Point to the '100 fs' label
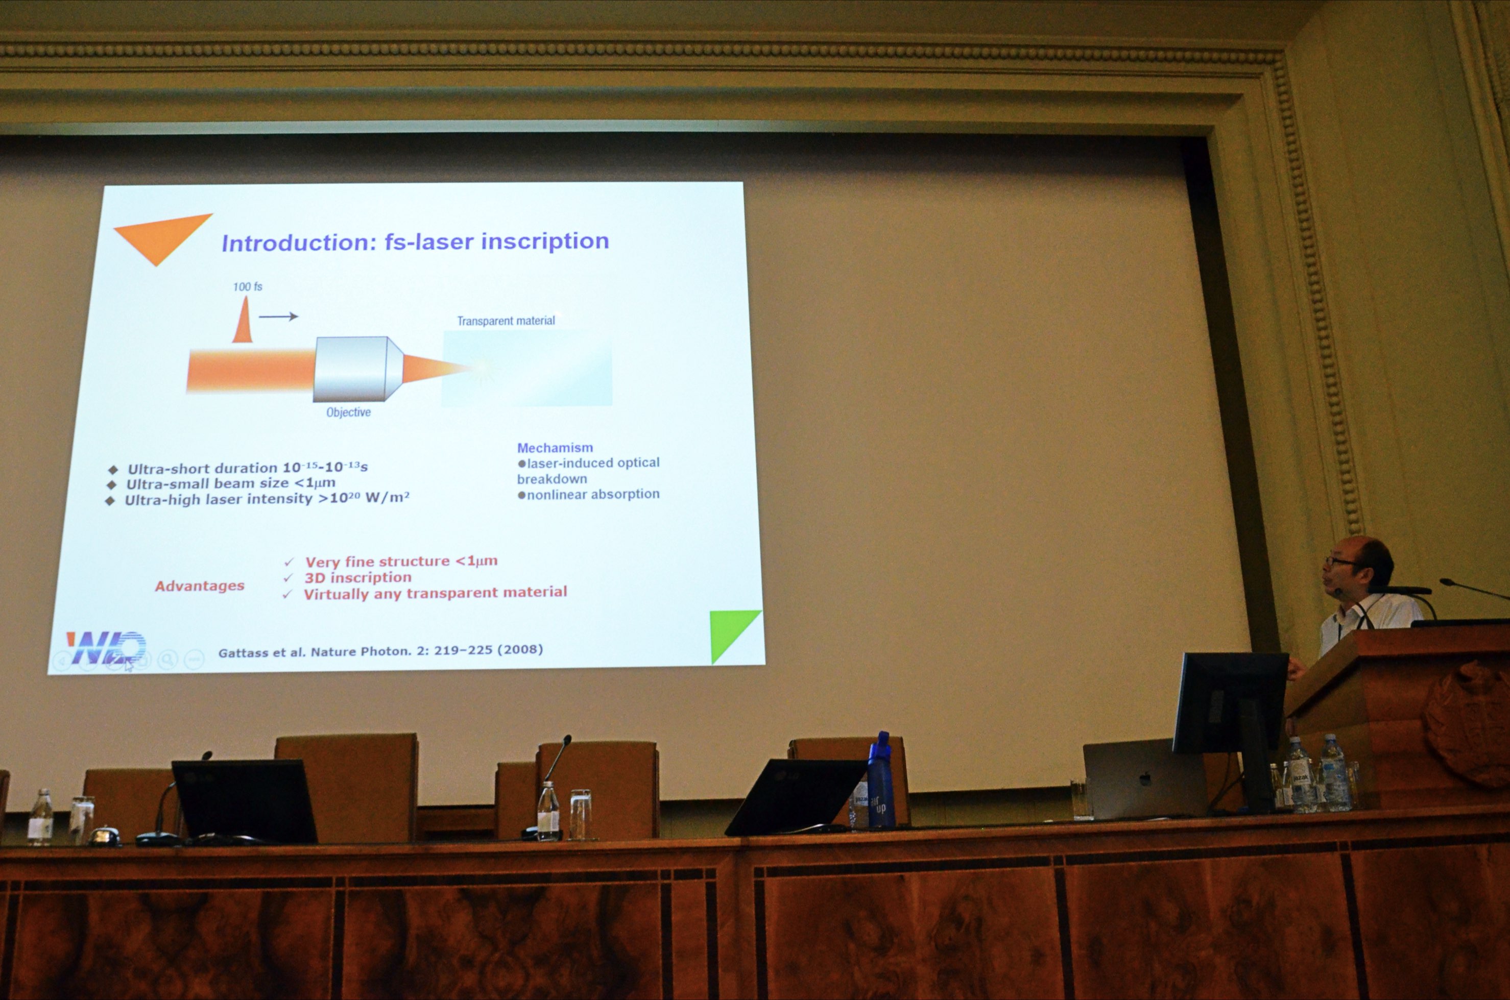click(x=248, y=286)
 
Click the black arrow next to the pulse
click(x=278, y=316)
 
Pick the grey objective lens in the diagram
click(x=358, y=369)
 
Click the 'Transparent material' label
click(x=506, y=321)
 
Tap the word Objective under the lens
click(x=348, y=412)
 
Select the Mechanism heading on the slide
click(x=555, y=448)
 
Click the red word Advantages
click(x=200, y=586)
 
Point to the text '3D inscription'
click(x=358, y=577)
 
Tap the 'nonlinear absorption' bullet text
click(x=588, y=494)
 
